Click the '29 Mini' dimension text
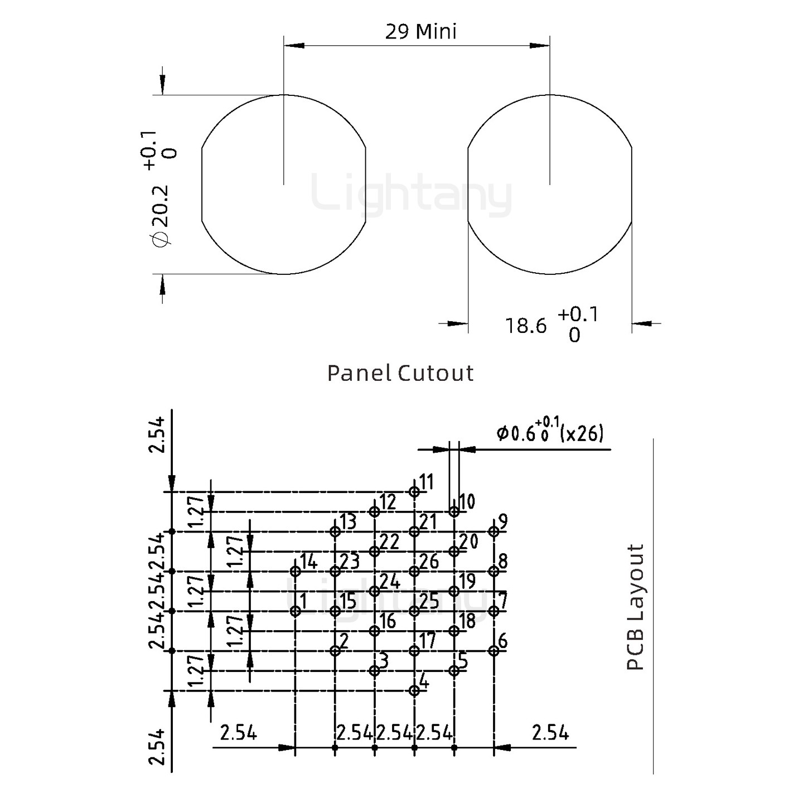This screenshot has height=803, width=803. click(420, 31)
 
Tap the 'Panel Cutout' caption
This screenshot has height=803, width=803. click(400, 373)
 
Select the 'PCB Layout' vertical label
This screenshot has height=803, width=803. click(635, 607)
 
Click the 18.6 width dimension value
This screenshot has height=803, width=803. click(526, 325)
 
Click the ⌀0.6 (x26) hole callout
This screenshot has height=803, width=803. click(550, 433)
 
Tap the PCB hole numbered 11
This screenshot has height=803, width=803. click(414, 491)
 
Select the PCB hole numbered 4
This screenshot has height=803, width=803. click(414, 690)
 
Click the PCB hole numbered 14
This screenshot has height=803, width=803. click(296, 571)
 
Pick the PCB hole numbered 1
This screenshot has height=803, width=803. click(296, 611)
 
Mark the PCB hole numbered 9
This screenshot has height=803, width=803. click(494, 531)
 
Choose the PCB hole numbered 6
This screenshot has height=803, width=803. click(494, 651)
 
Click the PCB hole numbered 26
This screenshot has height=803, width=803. click(414, 571)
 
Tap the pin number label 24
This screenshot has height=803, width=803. click(391, 582)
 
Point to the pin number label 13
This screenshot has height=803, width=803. click(348, 522)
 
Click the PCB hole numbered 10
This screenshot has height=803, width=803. click(454, 511)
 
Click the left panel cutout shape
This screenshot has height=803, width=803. click(284, 185)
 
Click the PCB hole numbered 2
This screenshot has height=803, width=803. click(335, 651)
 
